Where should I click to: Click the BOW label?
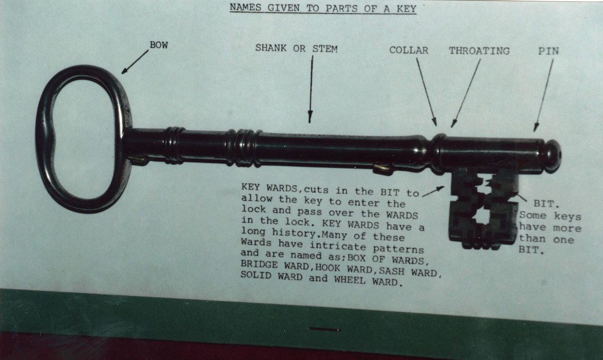[x=159, y=45]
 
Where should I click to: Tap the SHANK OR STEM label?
[x=296, y=48]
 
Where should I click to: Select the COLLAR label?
[x=408, y=50]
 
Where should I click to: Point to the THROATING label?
[x=479, y=51]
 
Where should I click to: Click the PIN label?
[x=548, y=51]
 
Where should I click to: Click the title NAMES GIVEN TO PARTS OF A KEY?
[x=323, y=8]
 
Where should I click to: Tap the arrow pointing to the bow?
[x=135, y=61]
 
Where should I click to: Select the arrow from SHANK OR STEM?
[x=311, y=89]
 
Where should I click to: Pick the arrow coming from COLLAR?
[x=427, y=92]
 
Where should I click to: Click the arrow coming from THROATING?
[x=466, y=93]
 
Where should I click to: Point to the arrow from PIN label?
[x=543, y=95]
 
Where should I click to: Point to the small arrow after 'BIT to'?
[x=433, y=191]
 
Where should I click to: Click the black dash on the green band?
[x=325, y=329]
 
